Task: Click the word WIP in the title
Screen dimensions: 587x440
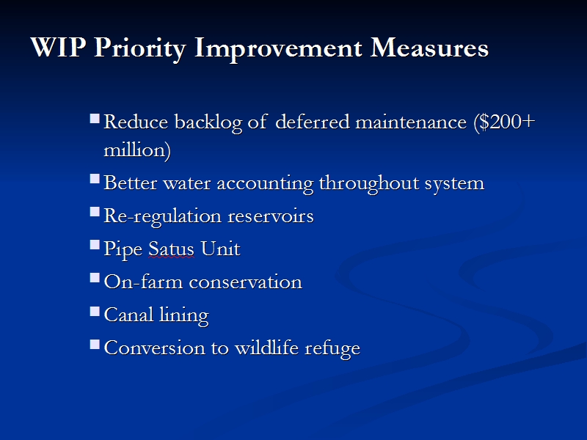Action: (x=58, y=47)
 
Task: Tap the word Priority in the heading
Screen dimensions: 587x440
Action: (x=140, y=49)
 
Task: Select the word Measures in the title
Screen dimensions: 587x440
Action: (x=429, y=48)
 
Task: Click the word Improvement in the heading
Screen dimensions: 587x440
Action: (x=278, y=49)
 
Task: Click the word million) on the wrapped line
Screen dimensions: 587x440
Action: (x=137, y=150)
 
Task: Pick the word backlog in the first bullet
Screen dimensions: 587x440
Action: (x=208, y=122)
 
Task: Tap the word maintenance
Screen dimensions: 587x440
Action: (x=411, y=122)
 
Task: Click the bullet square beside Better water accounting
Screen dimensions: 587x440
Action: (x=95, y=179)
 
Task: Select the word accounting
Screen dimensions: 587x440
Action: (x=265, y=184)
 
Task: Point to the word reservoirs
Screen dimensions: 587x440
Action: (x=271, y=216)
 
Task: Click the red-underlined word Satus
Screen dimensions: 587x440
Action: (x=171, y=249)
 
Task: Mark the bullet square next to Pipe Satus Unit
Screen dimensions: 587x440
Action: (x=95, y=245)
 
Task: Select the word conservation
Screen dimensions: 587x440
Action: (x=246, y=282)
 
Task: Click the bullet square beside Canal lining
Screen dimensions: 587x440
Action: (x=95, y=311)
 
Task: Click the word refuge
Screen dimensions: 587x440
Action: (x=332, y=348)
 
